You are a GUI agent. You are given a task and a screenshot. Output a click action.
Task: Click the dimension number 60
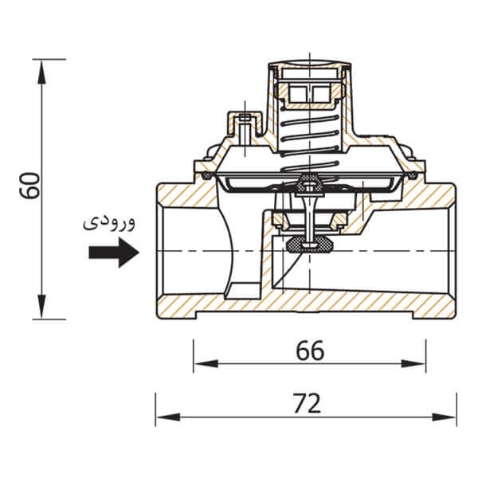[x=29, y=186]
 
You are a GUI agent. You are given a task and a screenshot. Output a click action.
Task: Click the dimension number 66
[x=310, y=351]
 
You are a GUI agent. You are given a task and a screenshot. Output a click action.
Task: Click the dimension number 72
[x=307, y=403]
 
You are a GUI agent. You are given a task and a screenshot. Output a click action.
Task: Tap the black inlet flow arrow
[x=114, y=253]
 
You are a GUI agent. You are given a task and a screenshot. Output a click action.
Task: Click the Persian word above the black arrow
[x=109, y=223]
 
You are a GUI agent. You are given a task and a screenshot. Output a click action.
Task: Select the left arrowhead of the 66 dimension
[x=206, y=363]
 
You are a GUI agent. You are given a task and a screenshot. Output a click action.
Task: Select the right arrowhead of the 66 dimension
[x=413, y=363]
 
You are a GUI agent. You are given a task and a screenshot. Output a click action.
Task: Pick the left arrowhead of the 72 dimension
[x=168, y=417]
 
